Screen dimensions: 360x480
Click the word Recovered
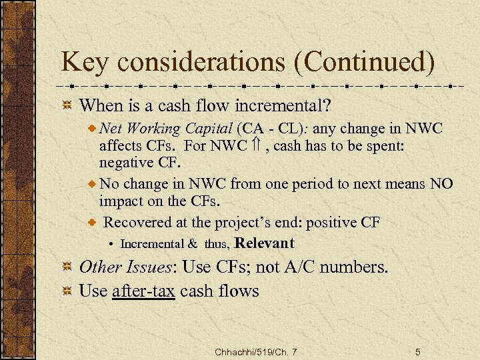pos(141,222)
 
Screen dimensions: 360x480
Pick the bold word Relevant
pos(265,242)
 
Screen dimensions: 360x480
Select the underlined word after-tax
pos(144,291)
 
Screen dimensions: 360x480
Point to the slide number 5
pos(417,351)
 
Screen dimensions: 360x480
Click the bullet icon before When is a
pos(67,106)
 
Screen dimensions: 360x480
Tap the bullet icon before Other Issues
pos(67,268)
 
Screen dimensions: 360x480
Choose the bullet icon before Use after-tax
pos(67,291)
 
